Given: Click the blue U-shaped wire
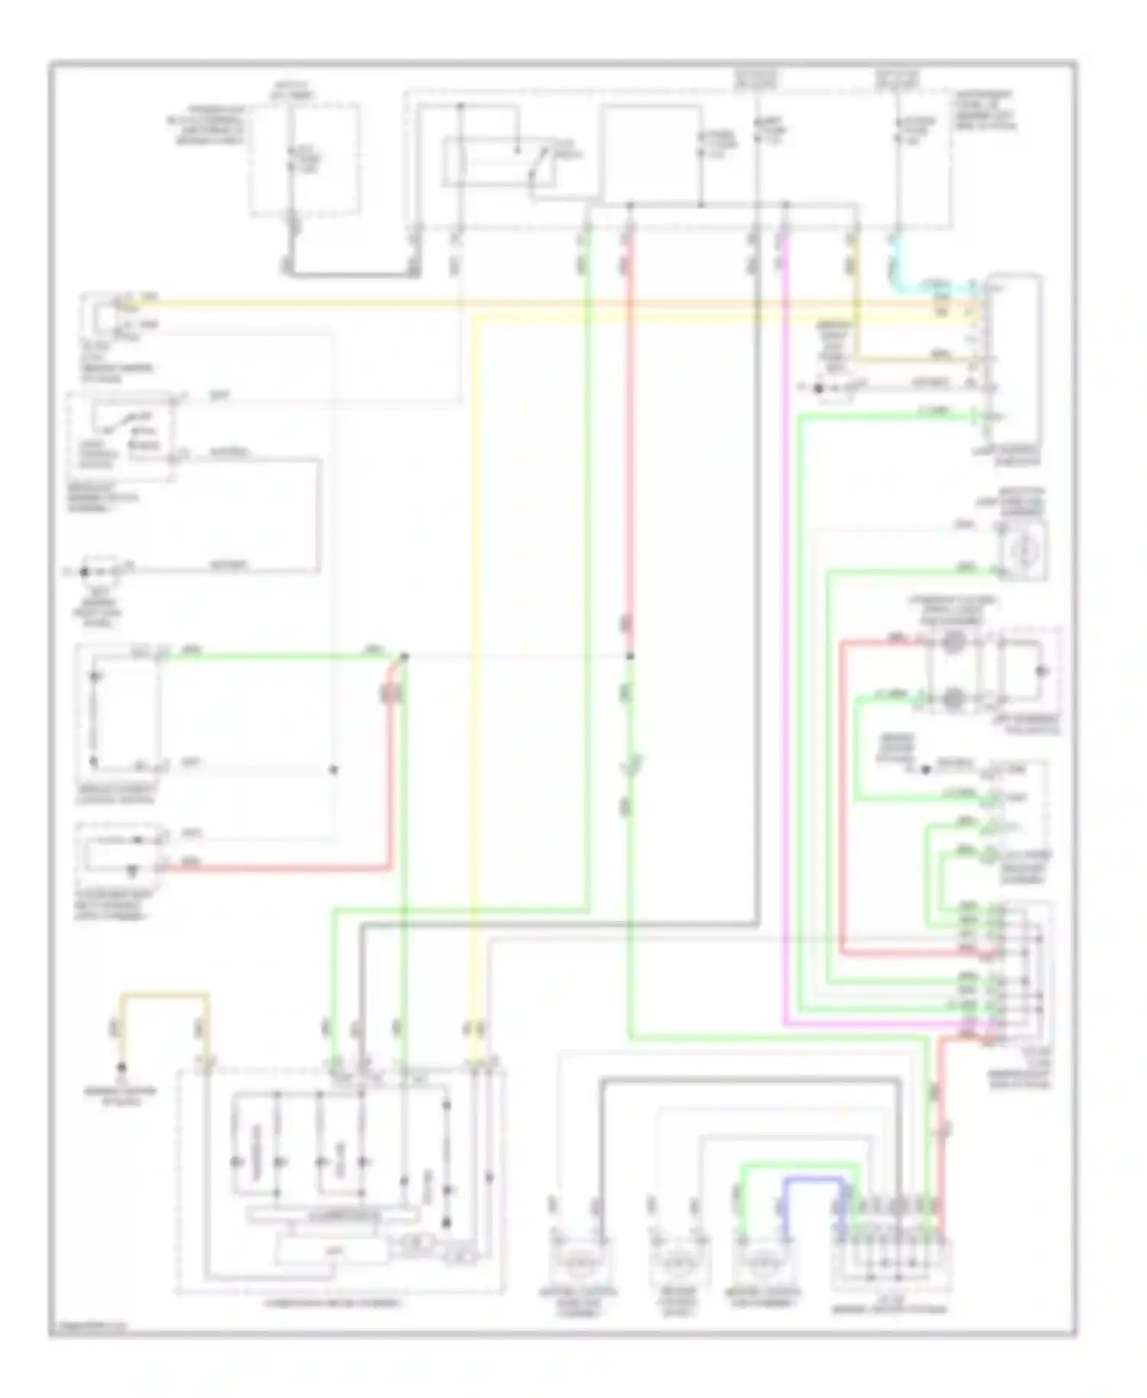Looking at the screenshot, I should pos(814,1182).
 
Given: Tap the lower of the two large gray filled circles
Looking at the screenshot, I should pos(952,697).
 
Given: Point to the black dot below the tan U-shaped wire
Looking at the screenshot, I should pos(121,1068).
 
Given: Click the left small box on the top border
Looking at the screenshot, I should pos(755,79).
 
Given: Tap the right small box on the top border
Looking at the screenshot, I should pos(897,79).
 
